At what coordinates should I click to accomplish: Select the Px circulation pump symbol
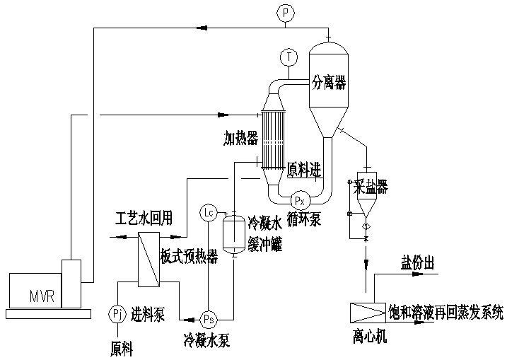(x=300, y=200)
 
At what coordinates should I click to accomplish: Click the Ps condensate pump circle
(x=209, y=318)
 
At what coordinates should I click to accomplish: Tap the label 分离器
(x=330, y=83)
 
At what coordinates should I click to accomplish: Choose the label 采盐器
(x=375, y=186)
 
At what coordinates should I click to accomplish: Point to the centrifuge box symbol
(x=368, y=311)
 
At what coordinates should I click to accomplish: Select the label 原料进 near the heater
(x=303, y=170)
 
